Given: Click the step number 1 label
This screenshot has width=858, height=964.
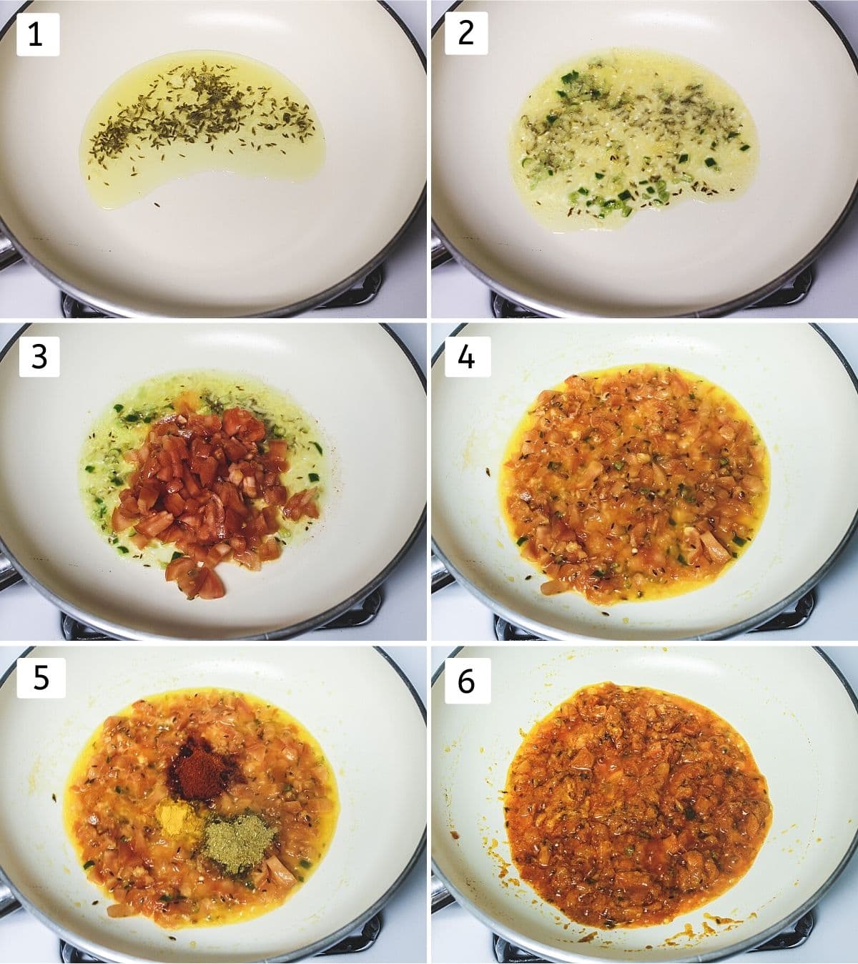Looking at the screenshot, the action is [38, 35].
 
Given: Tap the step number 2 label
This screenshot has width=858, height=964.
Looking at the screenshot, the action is [466, 34].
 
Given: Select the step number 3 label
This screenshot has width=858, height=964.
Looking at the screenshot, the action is [39, 357].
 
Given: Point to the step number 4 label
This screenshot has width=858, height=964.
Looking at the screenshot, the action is [468, 357].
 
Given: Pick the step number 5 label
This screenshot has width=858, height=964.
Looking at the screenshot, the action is [41, 677].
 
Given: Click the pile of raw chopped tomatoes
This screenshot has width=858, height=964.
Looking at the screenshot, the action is [209, 495].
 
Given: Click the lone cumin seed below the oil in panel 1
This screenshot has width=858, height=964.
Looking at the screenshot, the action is [157, 205].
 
